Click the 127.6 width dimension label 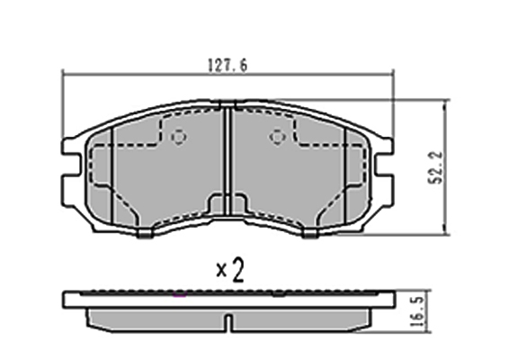pos(228,65)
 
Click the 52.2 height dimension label pos(435,167)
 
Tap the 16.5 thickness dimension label pos(416,311)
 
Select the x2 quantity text pos(230,270)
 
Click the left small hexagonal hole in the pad pos(179,137)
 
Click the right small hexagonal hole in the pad pos(277,137)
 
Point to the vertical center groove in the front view pos(228,161)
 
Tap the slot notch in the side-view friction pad pos(228,321)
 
